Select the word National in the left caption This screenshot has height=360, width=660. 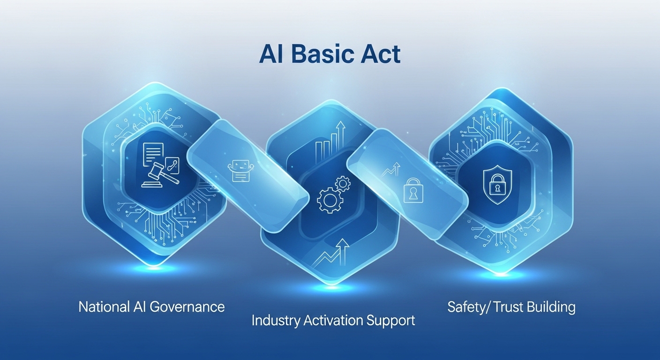(104, 307)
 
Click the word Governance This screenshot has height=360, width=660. (187, 307)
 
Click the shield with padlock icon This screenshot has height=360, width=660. (498, 184)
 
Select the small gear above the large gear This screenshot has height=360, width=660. (343, 184)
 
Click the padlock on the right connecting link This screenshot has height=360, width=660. (413, 190)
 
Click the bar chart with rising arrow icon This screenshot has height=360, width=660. (330, 142)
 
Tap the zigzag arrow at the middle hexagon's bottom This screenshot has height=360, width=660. (330, 253)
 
